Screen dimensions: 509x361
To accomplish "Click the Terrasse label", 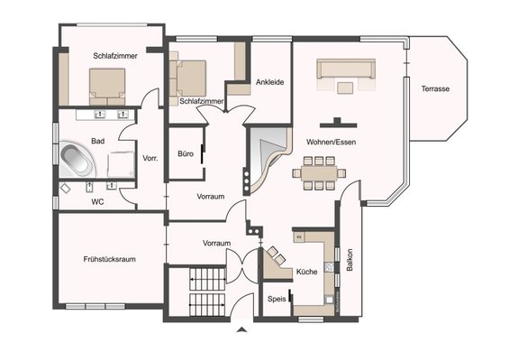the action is [x=435, y=88].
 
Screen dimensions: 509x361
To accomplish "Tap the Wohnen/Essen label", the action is [x=331, y=142].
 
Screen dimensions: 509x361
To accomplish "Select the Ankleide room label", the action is [x=269, y=82].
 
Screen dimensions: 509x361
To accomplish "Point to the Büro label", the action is [x=186, y=153].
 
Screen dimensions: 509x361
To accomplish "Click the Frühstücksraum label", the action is [x=109, y=259].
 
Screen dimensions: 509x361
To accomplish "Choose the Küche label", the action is [x=307, y=272].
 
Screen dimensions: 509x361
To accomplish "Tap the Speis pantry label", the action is [x=277, y=299].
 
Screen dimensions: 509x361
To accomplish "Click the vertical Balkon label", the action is [x=350, y=260].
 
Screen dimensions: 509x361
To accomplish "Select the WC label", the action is [x=97, y=202].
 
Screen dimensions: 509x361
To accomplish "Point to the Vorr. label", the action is [x=150, y=158].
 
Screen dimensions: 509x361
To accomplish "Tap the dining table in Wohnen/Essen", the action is [x=319, y=173].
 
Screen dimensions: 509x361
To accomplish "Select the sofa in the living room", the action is [x=346, y=69].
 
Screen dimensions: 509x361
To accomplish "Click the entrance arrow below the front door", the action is [x=241, y=329].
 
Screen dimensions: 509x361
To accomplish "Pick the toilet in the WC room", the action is [x=65, y=189].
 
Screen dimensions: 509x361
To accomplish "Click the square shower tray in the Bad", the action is [x=121, y=164].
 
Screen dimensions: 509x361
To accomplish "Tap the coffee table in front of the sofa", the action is [x=345, y=88].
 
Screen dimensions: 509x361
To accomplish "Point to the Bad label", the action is [x=97, y=141].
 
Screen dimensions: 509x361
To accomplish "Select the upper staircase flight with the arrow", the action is [x=207, y=279].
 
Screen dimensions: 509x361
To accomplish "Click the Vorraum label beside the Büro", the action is [x=211, y=197].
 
